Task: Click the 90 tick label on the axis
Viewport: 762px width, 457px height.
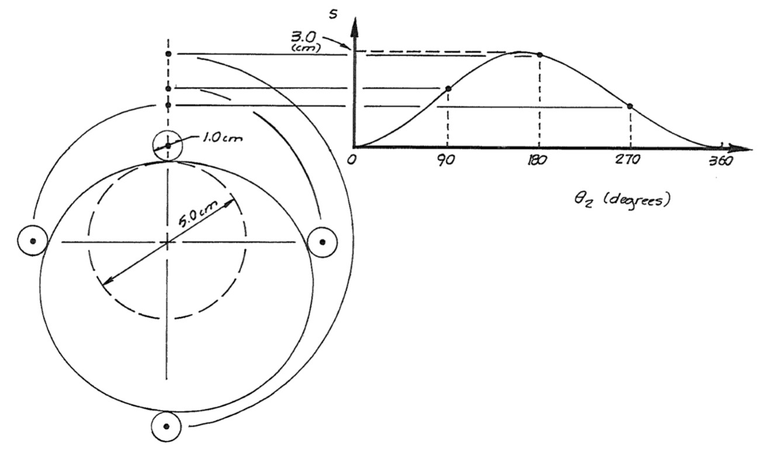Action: point(445,161)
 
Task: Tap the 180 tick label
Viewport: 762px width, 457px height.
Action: point(537,161)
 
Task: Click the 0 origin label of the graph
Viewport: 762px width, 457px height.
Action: point(351,160)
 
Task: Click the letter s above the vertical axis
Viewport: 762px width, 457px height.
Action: point(333,15)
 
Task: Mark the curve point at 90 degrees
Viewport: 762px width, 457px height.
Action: point(448,88)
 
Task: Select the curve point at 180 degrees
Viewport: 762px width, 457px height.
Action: point(539,55)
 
